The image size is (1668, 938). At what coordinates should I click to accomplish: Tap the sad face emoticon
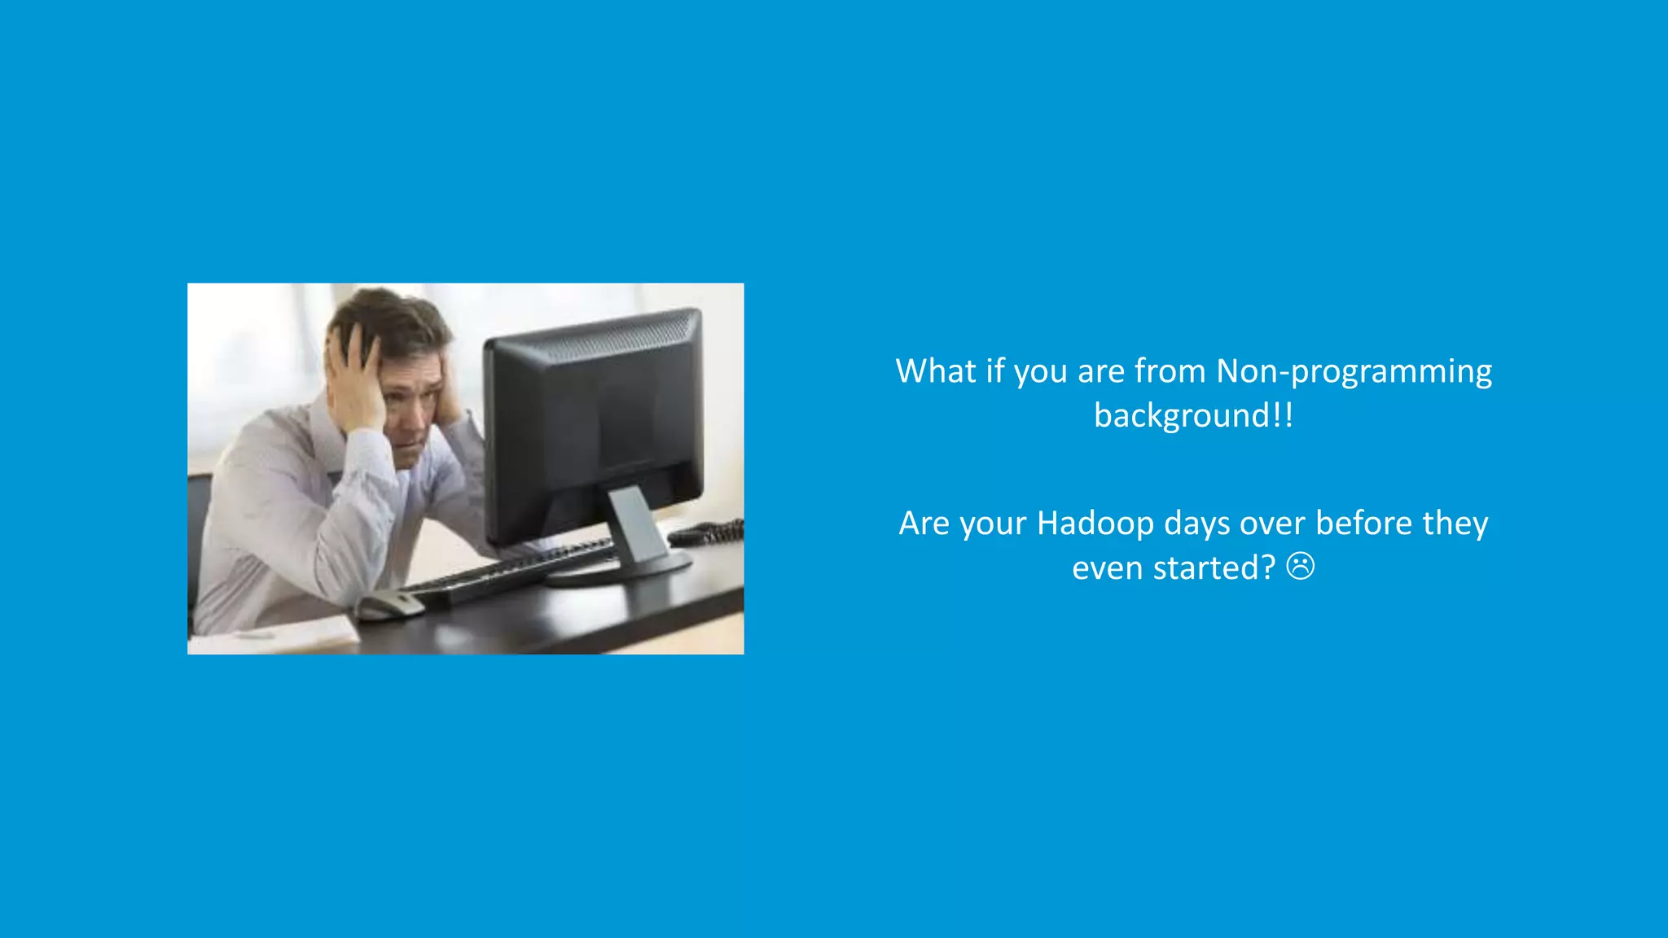click(x=1300, y=566)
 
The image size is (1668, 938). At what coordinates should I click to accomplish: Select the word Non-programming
click(x=1354, y=371)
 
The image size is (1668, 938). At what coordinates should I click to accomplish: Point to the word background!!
click(x=1193, y=416)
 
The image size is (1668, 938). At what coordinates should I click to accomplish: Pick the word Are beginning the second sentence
click(x=924, y=524)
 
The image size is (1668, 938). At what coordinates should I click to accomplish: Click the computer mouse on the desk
click(x=389, y=604)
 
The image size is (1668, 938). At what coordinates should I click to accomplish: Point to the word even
click(x=1107, y=568)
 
